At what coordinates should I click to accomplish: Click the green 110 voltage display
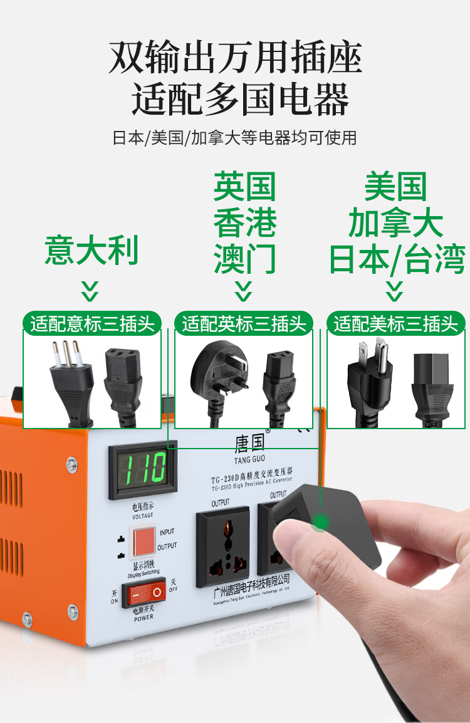click(143, 467)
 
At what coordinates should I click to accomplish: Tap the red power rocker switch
click(143, 591)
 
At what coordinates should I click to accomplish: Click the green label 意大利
click(91, 251)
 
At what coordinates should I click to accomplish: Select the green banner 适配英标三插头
click(244, 323)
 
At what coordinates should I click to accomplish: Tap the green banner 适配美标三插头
click(395, 323)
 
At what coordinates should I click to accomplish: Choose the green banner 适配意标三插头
click(92, 323)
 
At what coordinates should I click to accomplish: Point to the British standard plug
click(216, 370)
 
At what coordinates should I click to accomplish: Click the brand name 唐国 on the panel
click(250, 444)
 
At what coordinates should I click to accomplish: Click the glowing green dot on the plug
click(321, 521)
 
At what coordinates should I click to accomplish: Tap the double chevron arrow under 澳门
click(243, 291)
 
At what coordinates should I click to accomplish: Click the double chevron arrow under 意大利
click(91, 291)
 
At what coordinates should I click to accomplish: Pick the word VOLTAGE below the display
click(143, 517)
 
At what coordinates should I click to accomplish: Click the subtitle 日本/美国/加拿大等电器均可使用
click(234, 137)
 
